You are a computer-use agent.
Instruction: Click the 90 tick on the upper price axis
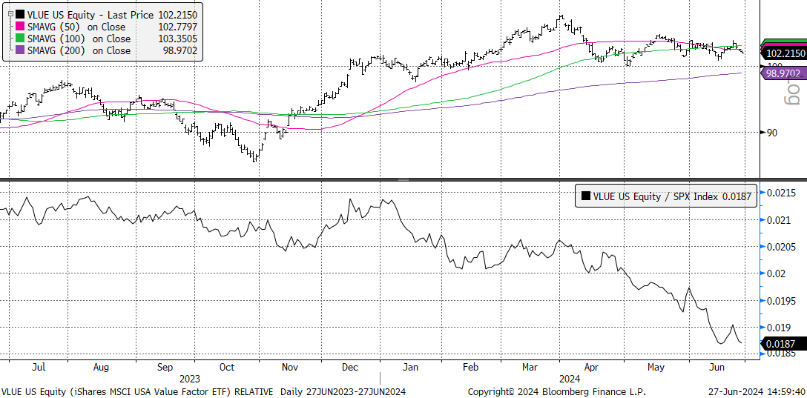click(771, 133)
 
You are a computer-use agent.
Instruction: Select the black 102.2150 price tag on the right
click(785, 53)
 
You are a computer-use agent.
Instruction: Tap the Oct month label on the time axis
click(227, 367)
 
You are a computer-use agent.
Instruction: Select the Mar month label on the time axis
click(530, 367)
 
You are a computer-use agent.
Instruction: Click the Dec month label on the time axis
click(351, 367)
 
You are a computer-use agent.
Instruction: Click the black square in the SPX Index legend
click(586, 196)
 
